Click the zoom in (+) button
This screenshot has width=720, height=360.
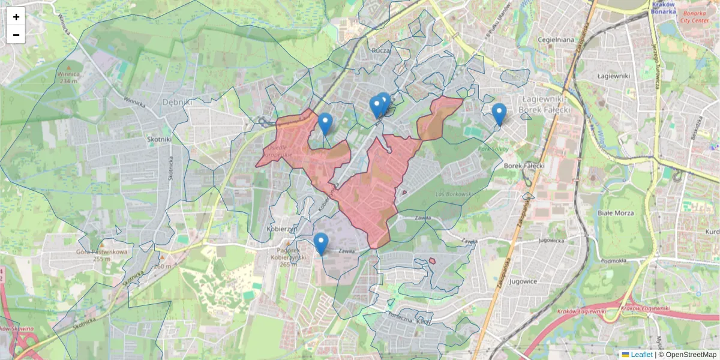(16, 17)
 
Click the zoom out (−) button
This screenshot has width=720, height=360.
(16, 35)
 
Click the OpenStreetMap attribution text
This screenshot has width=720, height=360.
(691, 355)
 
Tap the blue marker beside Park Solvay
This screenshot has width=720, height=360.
(499, 114)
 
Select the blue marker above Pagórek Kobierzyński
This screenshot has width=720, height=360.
(321, 244)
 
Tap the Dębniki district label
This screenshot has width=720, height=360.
(178, 102)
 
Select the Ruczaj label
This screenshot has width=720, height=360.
(380, 51)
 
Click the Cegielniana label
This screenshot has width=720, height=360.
(557, 40)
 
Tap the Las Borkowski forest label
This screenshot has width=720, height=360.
(454, 194)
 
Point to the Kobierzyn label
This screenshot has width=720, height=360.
(279, 229)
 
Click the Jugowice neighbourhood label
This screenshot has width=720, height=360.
(522, 280)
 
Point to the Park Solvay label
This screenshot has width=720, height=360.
(493, 148)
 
